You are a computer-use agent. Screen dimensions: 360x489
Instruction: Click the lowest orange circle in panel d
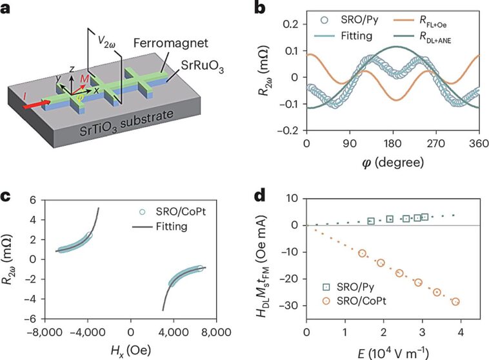(x=455, y=301)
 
